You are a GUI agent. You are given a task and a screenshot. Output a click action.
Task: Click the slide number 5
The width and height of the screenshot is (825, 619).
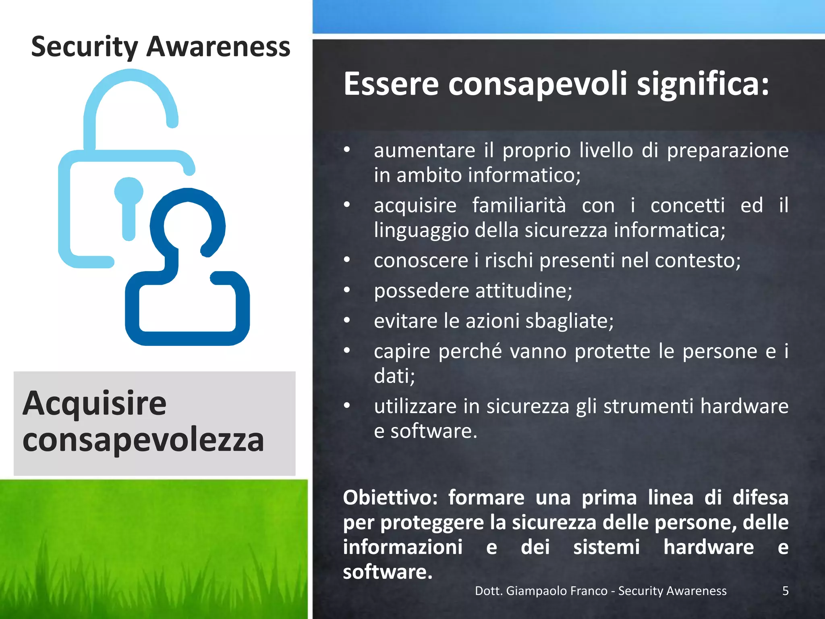point(785,591)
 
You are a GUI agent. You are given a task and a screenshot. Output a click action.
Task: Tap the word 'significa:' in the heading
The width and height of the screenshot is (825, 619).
point(703,85)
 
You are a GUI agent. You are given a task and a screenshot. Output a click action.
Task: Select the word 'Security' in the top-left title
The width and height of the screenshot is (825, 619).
point(84,48)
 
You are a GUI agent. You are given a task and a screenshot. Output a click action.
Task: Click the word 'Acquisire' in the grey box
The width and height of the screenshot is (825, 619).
point(94,404)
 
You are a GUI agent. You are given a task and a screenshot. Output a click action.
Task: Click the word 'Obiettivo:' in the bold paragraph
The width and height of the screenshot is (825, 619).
point(390,498)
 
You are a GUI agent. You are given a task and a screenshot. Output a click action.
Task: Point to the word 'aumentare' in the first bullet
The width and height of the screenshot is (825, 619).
point(424,151)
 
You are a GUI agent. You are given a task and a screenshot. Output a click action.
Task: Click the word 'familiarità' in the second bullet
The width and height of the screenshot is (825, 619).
point(519,206)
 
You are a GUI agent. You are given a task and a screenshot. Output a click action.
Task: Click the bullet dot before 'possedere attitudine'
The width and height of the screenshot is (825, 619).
point(347,290)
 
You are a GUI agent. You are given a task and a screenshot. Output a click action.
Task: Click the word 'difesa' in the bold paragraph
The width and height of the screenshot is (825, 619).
point(760,498)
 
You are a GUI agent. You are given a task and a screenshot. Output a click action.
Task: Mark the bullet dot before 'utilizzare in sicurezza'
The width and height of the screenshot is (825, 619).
point(347,406)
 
